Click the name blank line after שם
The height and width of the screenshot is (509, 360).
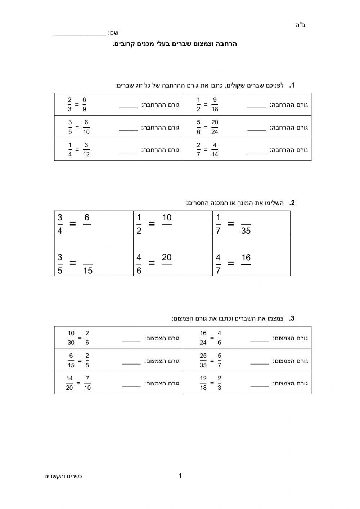(x=80, y=35)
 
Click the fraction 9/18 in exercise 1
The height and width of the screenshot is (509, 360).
(x=215, y=104)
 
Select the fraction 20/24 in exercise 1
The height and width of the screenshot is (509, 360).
(x=215, y=127)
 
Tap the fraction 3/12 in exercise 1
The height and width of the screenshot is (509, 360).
(x=86, y=150)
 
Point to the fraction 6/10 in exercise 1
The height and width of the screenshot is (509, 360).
(x=86, y=127)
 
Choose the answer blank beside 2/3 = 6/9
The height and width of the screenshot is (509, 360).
(x=128, y=107)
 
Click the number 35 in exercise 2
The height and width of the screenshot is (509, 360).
(x=246, y=231)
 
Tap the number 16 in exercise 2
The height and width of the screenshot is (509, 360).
(x=246, y=258)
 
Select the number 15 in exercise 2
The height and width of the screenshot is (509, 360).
(x=88, y=271)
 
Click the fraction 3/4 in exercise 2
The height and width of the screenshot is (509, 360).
(x=60, y=224)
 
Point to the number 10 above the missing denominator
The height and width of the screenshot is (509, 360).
(x=167, y=218)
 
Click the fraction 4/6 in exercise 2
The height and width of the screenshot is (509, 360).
(x=139, y=264)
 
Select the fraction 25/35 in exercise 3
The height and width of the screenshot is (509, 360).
(x=203, y=361)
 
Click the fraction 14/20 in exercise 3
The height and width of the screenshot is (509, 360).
(x=69, y=383)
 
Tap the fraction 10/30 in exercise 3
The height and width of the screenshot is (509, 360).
(x=71, y=338)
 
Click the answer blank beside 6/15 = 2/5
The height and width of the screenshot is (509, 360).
(x=131, y=363)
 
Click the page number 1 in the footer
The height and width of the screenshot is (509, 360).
(x=180, y=475)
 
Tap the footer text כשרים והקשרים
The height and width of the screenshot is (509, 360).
(x=63, y=477)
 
